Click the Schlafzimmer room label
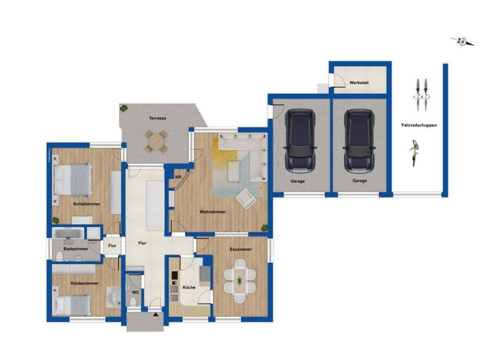(x=87, y=204)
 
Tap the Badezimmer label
(x=76, y=249)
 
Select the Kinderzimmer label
(x=84, y=283)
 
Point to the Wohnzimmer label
(x=211, y=212)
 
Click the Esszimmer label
(x=241, y=249)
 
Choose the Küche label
(x=188, y=287)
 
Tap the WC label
(x=135, y=292)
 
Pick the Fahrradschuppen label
(x=419, y=125)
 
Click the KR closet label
(x=178, y=177)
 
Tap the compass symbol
(x=462, y=42)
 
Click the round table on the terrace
(x=156, y=141)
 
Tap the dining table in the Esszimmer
(x=240, y=280)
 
